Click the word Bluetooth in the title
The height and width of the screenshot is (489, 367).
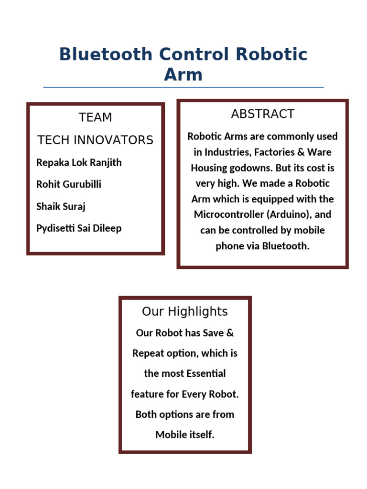[x=106, y=54]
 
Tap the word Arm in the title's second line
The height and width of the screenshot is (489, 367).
[x=183, y=75]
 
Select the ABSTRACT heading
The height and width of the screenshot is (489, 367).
[x=262, y=114]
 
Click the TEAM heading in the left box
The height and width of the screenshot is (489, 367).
[x=96, y=117]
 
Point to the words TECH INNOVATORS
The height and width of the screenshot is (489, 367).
[x=96, y=140]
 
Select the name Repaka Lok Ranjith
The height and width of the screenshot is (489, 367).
[x=79, y=162]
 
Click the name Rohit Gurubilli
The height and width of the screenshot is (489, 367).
[x=69, y=184]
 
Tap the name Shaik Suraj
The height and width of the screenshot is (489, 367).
[x=61, y=206]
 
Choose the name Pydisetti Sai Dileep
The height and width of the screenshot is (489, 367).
[x=79, y=228]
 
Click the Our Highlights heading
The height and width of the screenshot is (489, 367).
[x=185, y=312]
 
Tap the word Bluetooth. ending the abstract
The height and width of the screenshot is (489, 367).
[x=286, y=246]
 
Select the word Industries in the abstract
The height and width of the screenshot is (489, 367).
[x=227, y=152]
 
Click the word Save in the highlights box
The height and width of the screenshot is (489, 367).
[x=213, y=333]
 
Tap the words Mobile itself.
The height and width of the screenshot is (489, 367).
[x=185, y=435]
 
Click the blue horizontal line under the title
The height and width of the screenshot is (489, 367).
[x=183, y=87]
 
